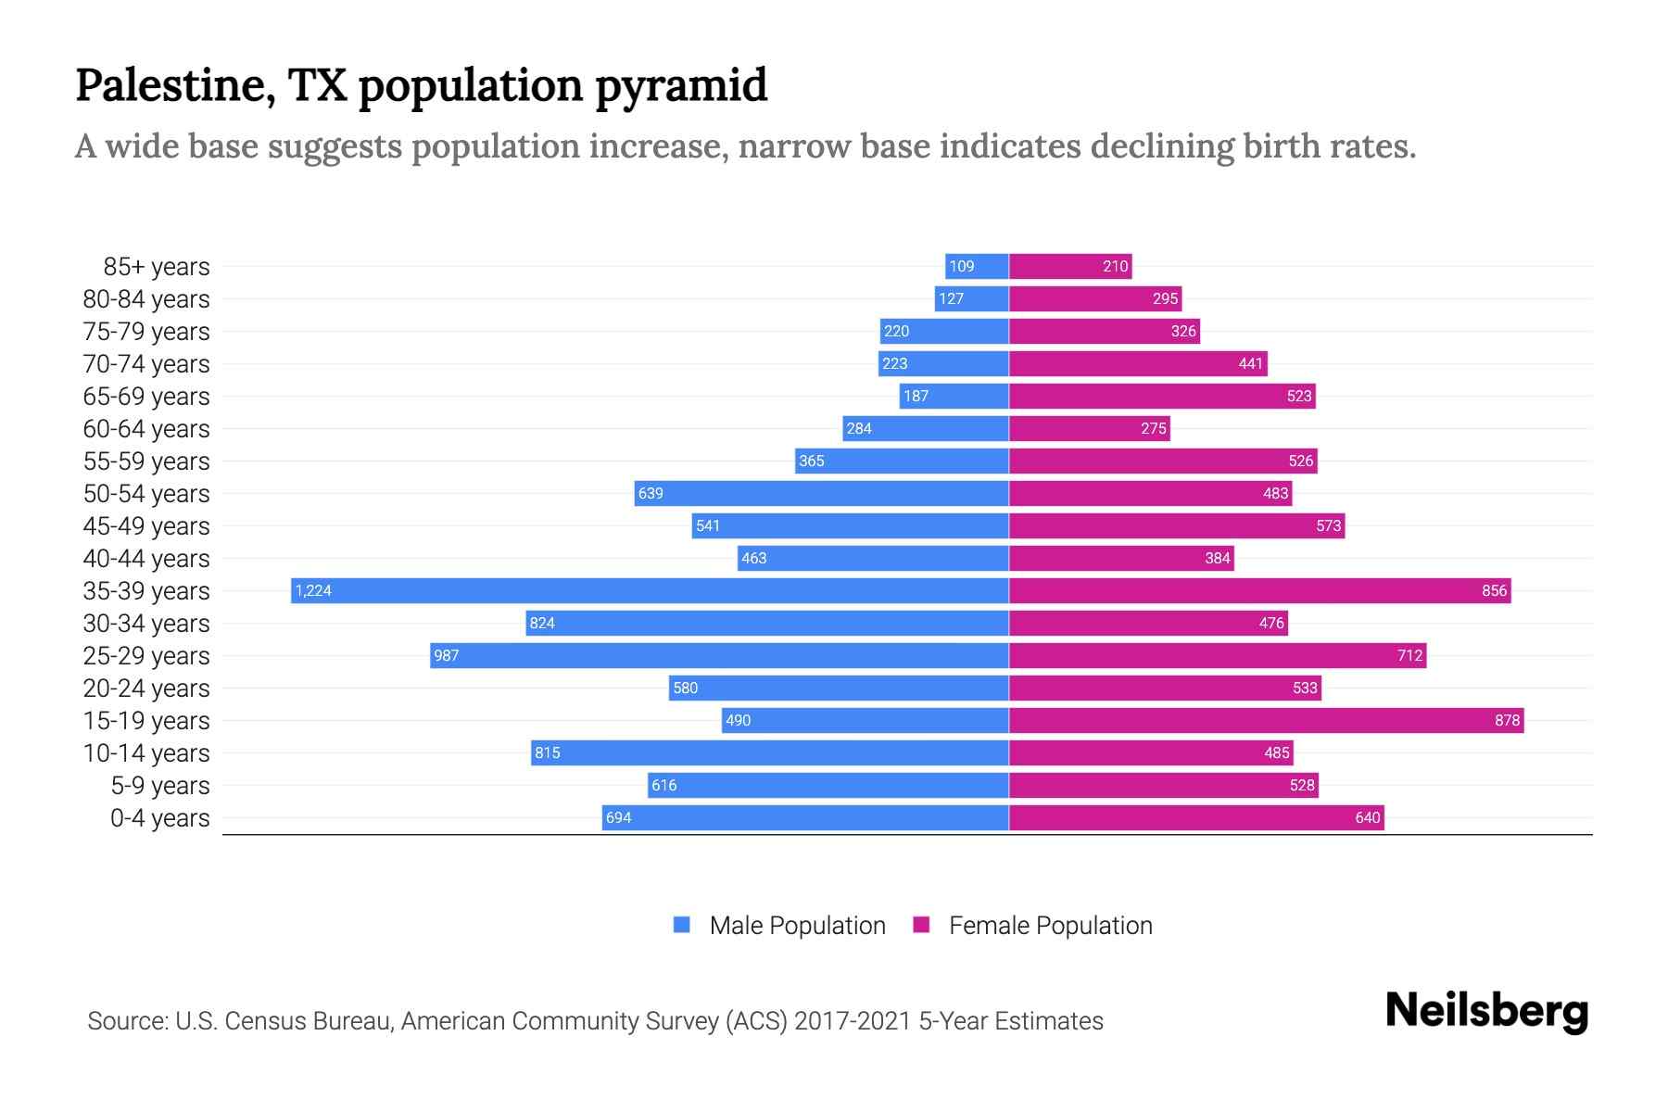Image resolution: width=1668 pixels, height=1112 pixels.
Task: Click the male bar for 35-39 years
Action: pyautogui.click(x=649, y=590)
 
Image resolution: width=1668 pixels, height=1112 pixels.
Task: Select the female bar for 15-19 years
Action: pyautogui.click(x=1266, y=720)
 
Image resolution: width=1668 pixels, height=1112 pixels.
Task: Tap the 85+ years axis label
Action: pyautogui.click(x=157, y=267)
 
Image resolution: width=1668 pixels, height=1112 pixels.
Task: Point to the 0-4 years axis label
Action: pyautogui.click(x=159, y=818)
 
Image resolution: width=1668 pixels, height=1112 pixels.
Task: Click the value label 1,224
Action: pyautogui.click(x=313, y=590)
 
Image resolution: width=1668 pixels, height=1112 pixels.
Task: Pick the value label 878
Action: pyautogui.click(x=1507, y=720)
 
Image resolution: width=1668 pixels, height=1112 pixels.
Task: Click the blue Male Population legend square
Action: pyautogui.click(x=682, y=925)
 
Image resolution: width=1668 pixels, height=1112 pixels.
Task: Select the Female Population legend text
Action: pyautogui.click(x=1050, y=925)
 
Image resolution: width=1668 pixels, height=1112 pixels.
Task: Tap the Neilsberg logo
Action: pyautogui.click(x=1486, y=1011)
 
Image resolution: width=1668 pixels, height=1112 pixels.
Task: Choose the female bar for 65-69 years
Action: pyautogui.click(x=1162, y=396)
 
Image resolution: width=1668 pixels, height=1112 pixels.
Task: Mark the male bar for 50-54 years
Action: pyautogui.click(x=821, y=493)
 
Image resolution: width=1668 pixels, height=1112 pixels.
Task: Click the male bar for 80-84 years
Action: pyautogui.click(x=971, y=298)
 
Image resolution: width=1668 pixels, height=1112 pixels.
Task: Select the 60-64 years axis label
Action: pyautogui.click(x=146, y=429)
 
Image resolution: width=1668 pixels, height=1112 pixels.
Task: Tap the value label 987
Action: pyautogui.click(x=447, y=655)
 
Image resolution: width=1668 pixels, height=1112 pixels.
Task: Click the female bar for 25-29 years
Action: pyautogui.click(x=1217, y=655)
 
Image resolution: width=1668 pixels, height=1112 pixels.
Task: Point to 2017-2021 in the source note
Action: pyautogui.click(x=853, y=1021)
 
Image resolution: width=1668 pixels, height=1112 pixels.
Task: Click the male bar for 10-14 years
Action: pyautogui.click(x=769, y=752)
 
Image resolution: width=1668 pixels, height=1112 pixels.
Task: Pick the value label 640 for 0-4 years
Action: pyautogui.click(x=1367, y=817)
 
